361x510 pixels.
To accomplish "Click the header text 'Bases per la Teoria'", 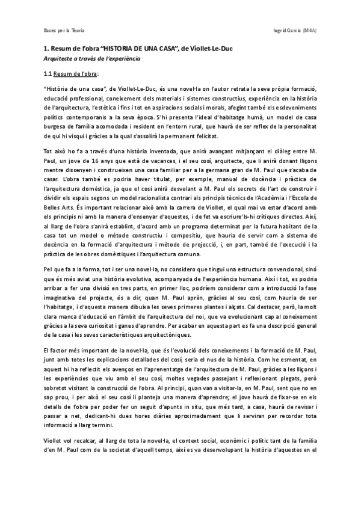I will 63,29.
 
